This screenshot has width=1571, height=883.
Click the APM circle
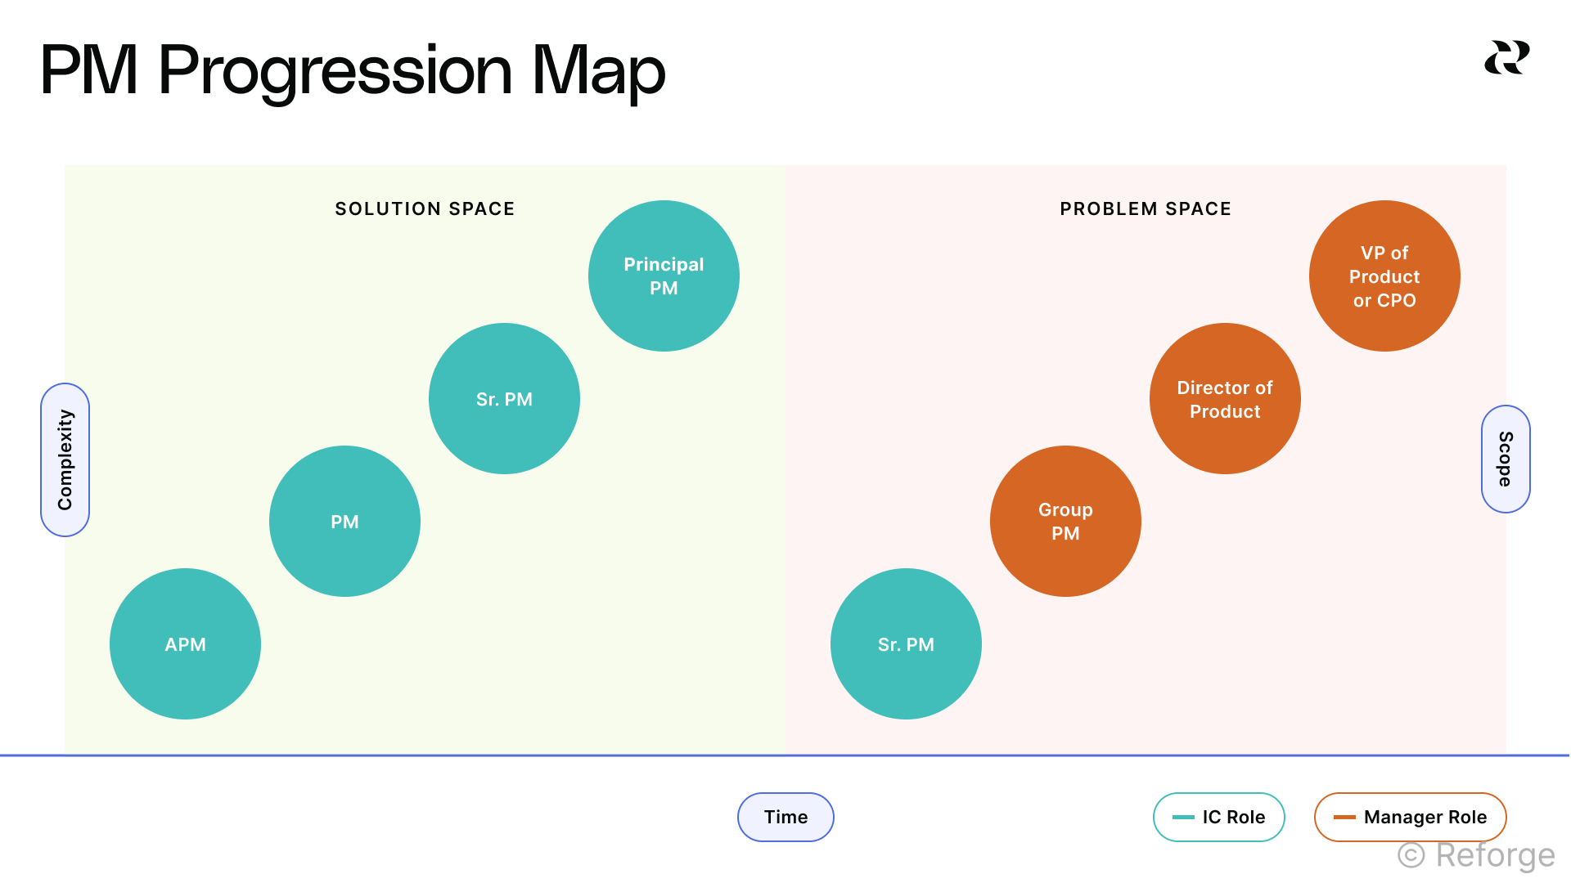click(185, 644)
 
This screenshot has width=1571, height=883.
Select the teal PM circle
click(344, 522)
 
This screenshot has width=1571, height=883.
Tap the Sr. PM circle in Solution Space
click(504, 399)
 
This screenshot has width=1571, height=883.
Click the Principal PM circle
click(664, 276)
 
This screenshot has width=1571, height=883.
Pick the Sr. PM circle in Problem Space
click(906, 644)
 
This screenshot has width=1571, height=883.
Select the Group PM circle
click(1065, 522)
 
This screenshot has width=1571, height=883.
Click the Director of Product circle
click(1225, 399)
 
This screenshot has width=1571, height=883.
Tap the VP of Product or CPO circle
click(1384, 276)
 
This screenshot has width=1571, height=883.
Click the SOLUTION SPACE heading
click(425, 209)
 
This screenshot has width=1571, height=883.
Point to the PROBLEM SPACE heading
click(1146, 209)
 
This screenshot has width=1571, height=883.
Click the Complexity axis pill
click(65, 459)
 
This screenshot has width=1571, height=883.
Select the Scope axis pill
click(1506, 459)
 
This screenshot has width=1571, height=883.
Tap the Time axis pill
click(785, 817)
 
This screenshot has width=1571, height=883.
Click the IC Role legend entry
click(1219, 817)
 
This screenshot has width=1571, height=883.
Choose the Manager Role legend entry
click(1411, 817)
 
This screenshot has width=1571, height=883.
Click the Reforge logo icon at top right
click(1507, 57)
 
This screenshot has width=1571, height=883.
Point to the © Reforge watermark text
click(1476, 855)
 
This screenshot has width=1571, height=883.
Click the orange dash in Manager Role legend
click(1344, 817)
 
